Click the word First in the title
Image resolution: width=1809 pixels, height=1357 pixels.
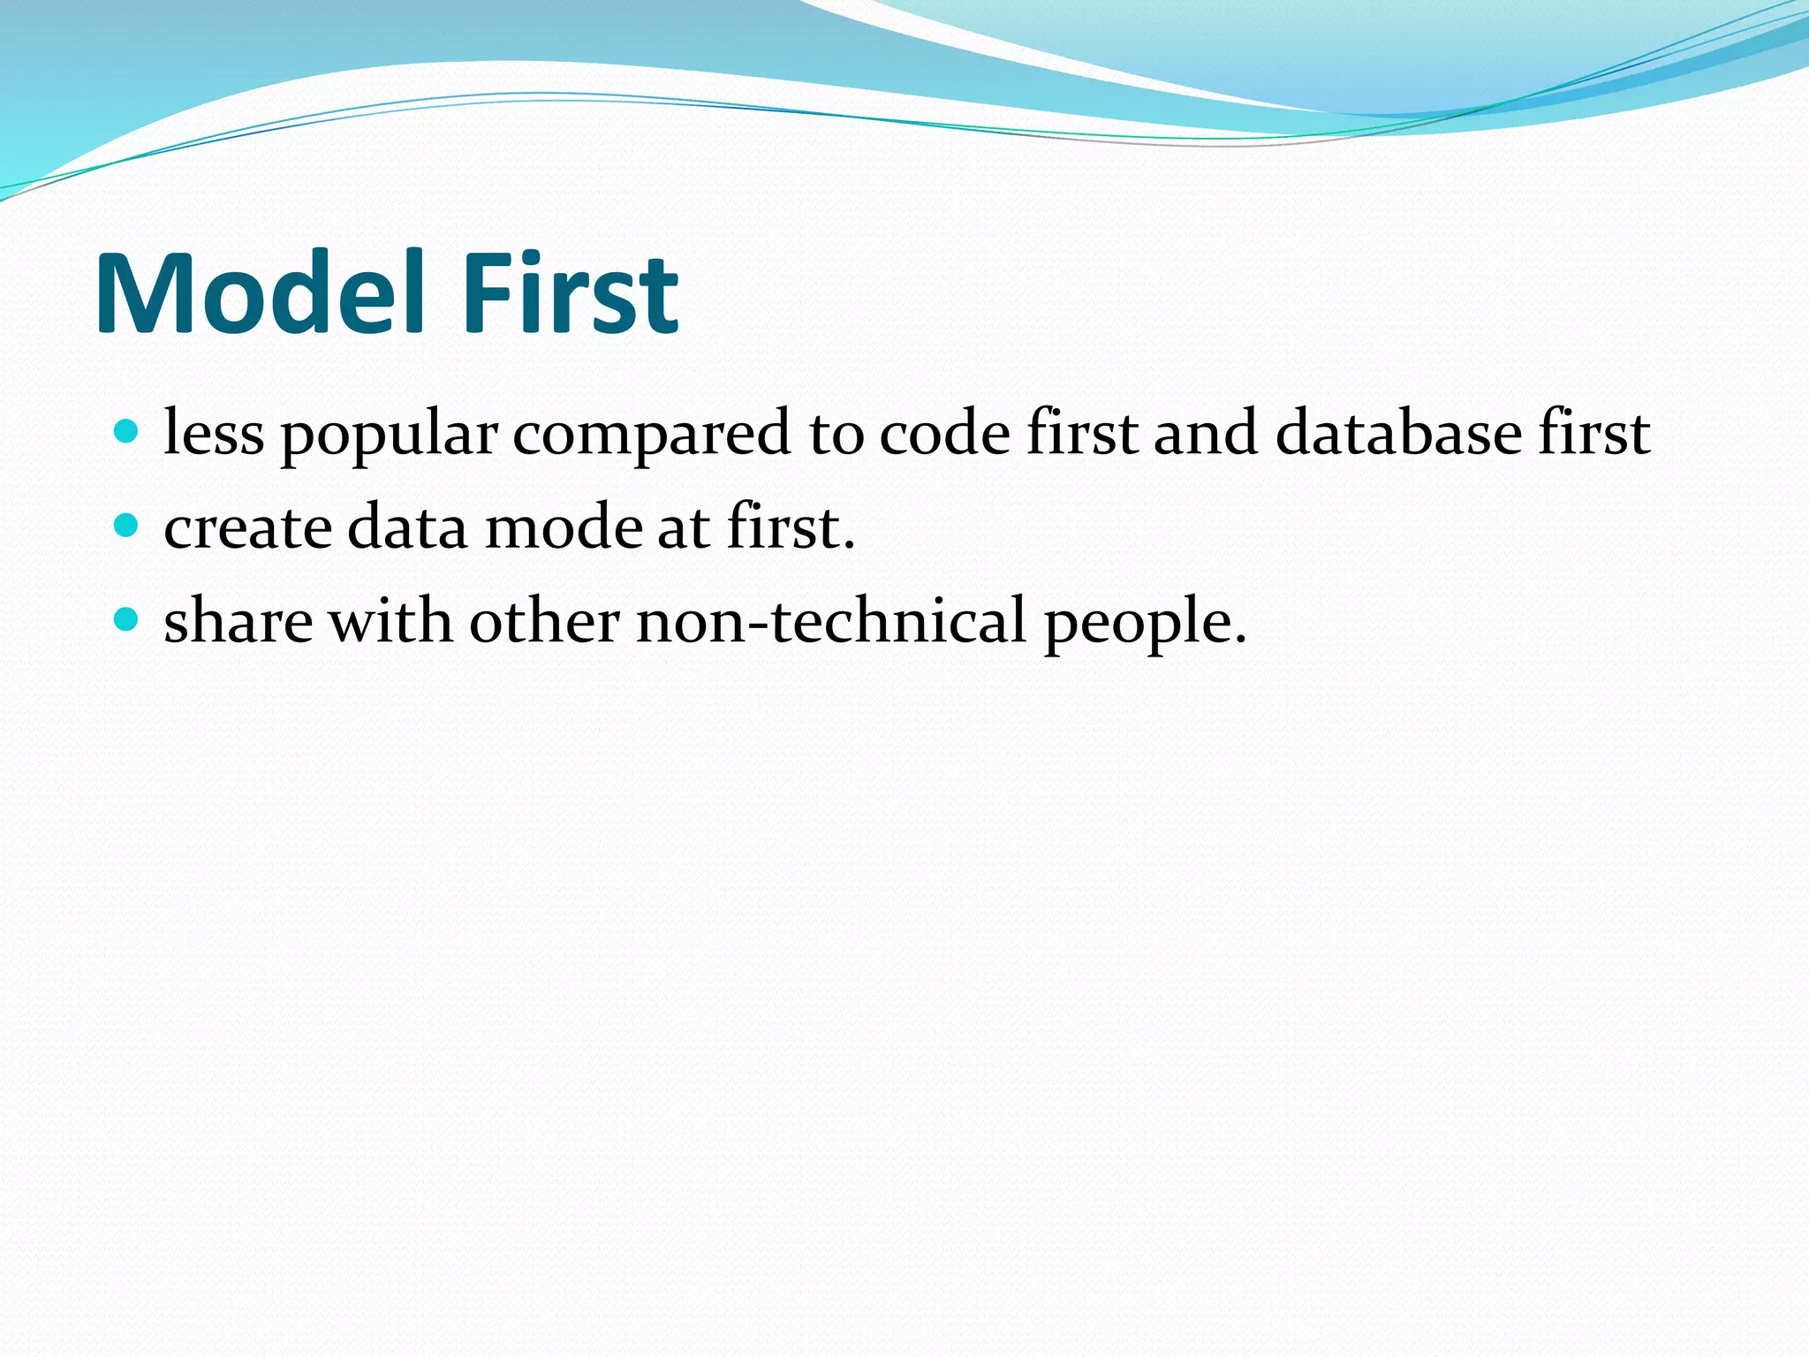[x=570, y=293]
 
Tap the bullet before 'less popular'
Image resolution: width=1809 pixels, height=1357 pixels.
[x=127, y=432]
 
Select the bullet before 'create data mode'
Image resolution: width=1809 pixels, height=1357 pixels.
[x=127, y=527]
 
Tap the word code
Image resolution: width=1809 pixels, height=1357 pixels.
[x=944, y=434]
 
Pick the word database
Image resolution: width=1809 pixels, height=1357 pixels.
[x=1398, y=434]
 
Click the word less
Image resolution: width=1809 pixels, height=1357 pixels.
[x=214, y=434]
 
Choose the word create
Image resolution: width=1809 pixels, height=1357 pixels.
[x=248, y=528]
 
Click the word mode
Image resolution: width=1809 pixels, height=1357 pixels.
[x=564, y=528]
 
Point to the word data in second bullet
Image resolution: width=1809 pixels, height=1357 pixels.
[x=406, y=528]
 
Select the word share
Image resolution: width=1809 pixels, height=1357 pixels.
[x=238, y=622]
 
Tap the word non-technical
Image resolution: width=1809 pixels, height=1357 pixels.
[x=831, y=622]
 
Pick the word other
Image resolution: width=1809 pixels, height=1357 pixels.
[x=544, y=622]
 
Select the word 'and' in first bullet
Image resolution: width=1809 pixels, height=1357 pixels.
[x=1206, y=434]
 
